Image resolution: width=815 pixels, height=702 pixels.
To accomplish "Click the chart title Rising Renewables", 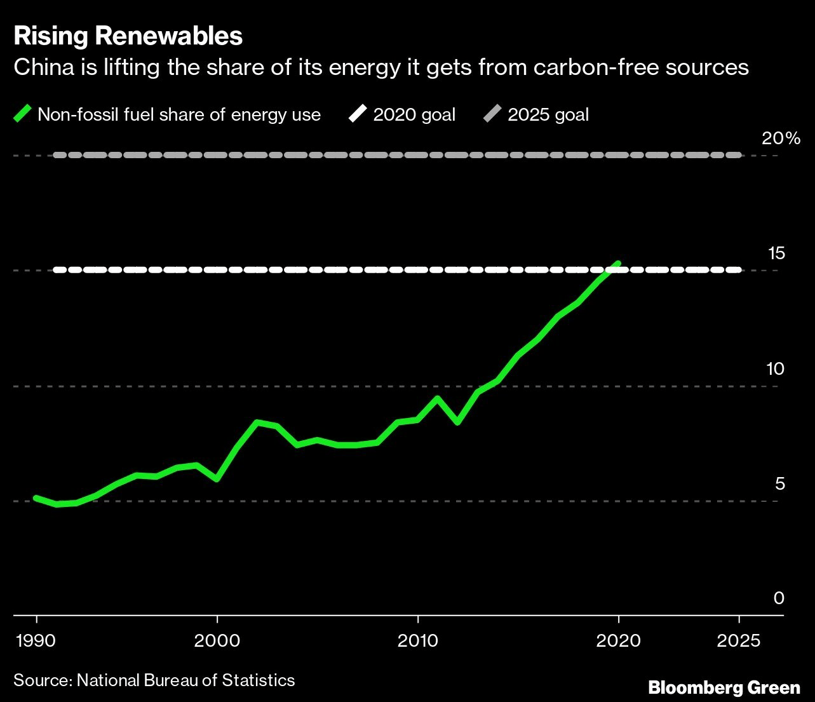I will click(x=128, y=36).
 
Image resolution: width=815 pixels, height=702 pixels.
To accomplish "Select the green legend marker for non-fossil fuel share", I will click(x=23, y=114).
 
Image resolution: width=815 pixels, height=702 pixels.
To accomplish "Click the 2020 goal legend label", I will click(x=414, y=114).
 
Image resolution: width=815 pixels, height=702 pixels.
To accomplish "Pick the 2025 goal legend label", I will click(x=548, y=114).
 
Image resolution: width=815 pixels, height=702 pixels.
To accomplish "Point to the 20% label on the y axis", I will click(x=781, y=138).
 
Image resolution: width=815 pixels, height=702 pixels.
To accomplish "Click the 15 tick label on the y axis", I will click(x=776, y=253).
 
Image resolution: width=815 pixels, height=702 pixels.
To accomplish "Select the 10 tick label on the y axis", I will click(x=776, y=368).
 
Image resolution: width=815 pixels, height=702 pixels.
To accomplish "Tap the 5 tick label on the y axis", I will click(x=780, y=483).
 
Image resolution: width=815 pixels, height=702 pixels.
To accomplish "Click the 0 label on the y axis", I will click(x=779, y=598).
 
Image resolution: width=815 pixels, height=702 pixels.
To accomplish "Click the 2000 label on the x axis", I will click(x=217, y=640).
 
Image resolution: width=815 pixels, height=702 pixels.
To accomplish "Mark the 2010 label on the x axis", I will click(x=418, y=640).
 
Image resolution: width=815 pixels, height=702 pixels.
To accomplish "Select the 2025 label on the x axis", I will click(x=739, y=640).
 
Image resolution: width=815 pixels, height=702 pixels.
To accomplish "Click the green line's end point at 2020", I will click(x=617, y=263).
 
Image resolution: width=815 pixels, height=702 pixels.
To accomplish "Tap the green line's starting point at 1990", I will click(x=36, y=498).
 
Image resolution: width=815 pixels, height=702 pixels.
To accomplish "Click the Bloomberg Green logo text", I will click(x=724, y=687).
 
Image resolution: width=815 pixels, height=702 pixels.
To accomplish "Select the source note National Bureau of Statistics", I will click(x=185, y=680).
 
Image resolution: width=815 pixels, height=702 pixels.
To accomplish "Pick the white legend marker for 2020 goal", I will click(x=358, y=114).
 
